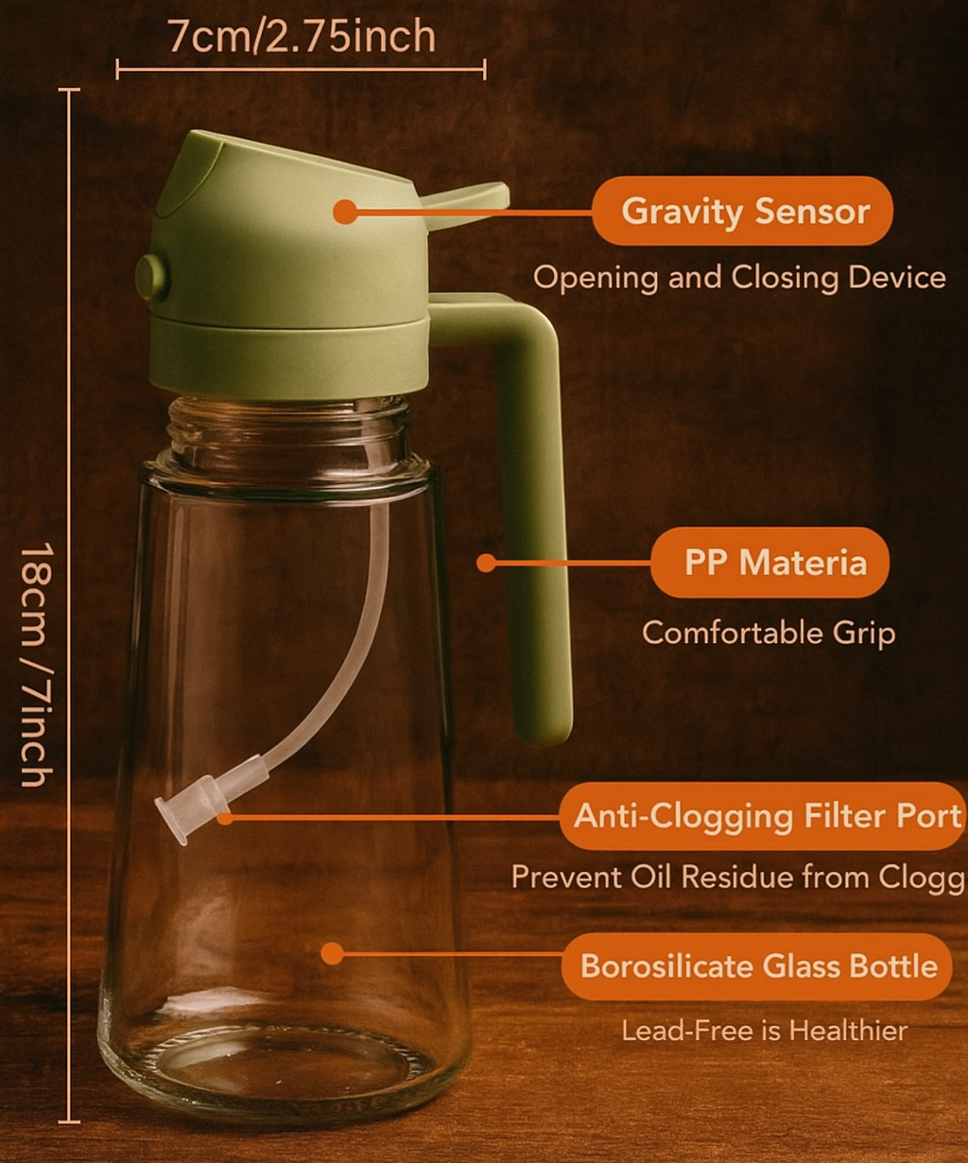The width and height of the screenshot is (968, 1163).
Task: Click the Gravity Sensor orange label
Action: pos(742,211)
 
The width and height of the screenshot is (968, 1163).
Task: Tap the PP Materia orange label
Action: pos(770,563)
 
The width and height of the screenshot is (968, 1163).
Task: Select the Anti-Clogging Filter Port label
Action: pos(763,816)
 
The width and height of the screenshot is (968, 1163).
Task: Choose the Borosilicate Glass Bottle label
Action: pos(757,966)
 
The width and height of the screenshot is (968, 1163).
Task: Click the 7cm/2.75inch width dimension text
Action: pos(302,37)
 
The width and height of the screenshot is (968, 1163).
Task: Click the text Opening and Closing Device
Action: pos(739,277)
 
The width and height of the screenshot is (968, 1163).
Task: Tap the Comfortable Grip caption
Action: pos(769,634)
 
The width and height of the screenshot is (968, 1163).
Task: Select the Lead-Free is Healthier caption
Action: pos(764,1031)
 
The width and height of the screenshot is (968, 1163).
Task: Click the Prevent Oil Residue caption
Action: pos(738,877)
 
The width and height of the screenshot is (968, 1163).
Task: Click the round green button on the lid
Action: pos(151,277)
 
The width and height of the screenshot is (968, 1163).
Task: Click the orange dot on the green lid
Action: pos(345,212)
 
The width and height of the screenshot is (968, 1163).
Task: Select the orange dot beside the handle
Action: pos(486,563)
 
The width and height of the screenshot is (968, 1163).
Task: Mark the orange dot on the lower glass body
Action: pos(332,954)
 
